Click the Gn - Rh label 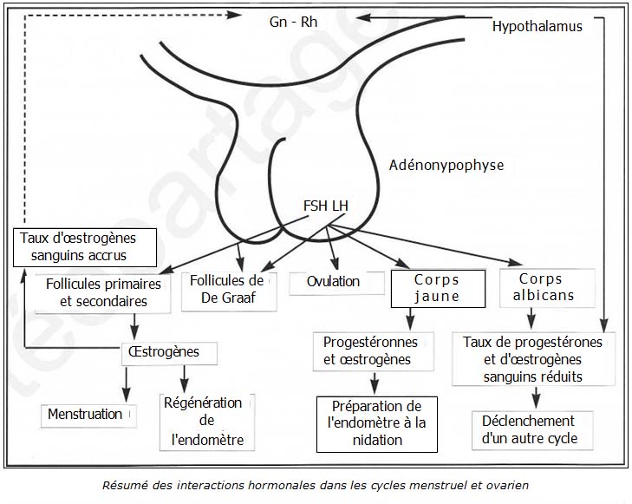coord(294,21)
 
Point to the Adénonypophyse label coord(446,165)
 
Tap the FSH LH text coord(326,206)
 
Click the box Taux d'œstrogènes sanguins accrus coord(85,246)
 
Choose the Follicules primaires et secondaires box coord(97,293)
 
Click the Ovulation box coord(333,282)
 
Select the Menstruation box coord(85,415)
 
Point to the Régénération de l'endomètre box coord(207,422)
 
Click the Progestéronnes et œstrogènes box coord(370,351)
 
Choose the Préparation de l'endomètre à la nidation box coord(376,423)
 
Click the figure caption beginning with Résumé coord(315,485)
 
